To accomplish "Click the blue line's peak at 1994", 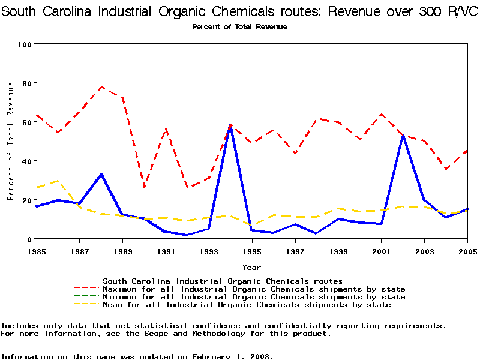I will click(230, 125).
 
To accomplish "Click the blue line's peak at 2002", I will click(403, 136).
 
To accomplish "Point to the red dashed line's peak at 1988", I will click(101, 87).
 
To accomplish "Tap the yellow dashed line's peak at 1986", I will click(58, 181).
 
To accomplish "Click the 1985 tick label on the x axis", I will click(37, 251).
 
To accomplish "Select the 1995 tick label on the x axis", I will click(252, 251).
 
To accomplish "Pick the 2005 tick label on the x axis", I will click(467, 251).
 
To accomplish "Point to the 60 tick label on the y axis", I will click(27, 122).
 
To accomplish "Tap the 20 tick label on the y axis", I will click(27, 200).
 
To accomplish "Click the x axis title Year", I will click(251, 267).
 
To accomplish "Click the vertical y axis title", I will click(10, 141).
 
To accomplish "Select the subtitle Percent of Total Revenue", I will click(239, 27).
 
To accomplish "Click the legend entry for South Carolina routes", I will click(222, 281).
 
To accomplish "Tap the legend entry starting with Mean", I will click(246, 305).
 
